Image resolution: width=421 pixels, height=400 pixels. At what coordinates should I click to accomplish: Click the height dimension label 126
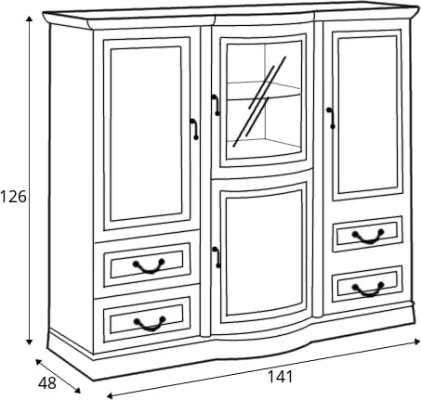(13, 197)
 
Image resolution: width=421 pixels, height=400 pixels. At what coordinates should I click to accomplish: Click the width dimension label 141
(280, 377)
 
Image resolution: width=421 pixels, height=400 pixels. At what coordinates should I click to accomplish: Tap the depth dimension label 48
(47, 383)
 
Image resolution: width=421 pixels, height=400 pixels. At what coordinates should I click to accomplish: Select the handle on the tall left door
(194, 129)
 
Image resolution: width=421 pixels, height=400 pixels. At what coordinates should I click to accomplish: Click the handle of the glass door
(217, 105)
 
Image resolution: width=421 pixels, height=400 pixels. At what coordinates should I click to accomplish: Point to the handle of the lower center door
(217, 257)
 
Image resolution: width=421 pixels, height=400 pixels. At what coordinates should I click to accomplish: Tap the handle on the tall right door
(331, 118)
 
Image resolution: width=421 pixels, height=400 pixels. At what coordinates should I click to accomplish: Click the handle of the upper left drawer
(149, 266)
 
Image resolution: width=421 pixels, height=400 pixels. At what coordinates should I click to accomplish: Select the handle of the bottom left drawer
(150, 324)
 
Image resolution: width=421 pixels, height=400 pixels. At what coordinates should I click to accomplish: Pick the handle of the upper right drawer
(368, 237)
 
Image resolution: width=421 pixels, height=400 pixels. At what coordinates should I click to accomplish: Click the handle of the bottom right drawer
(368, 290)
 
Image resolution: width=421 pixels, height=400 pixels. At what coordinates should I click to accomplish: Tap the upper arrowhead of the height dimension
(29, 19)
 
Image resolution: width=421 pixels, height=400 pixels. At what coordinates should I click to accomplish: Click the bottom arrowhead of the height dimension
(29, 342)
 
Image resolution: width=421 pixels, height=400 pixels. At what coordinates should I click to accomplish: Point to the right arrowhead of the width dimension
(416, 342)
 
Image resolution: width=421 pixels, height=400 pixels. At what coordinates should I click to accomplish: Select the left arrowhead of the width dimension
(110, 395)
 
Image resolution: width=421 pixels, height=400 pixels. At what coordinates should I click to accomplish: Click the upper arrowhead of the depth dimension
(39, 362)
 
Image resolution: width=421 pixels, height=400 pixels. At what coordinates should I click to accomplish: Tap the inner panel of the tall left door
(146, 134)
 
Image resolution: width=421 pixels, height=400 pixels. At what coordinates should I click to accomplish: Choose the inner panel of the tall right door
(368, 115)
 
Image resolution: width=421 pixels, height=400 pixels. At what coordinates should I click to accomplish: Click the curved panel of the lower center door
(264, 252)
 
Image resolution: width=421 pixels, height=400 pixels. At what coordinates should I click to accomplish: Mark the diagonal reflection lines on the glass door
(259, 101)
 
